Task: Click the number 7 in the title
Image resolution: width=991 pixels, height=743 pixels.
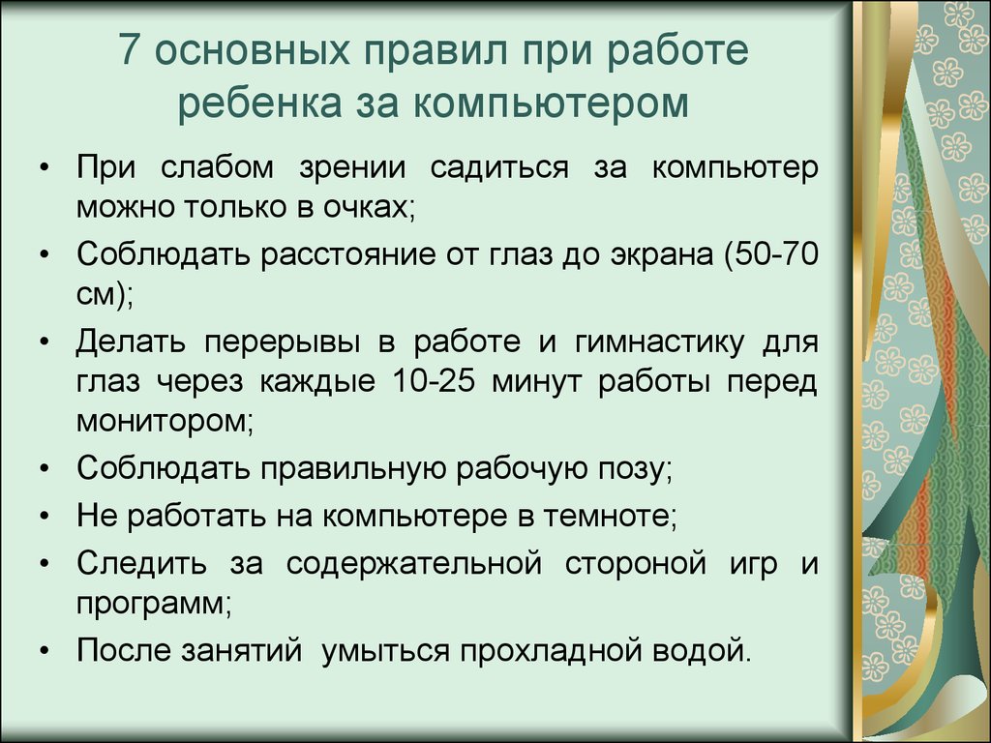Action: click(x=129, y=49)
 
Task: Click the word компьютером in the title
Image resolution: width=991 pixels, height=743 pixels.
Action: click(x=551, y=103)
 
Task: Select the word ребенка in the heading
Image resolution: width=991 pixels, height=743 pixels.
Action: click(x=259, y=103)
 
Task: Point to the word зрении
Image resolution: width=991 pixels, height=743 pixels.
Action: click(x=352, y=168)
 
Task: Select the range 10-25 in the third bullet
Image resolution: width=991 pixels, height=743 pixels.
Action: click(x=433, y=381)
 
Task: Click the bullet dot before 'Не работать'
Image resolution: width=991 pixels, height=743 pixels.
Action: click(x=44, y=517)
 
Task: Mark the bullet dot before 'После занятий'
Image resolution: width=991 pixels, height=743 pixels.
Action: click(x=44, y=651)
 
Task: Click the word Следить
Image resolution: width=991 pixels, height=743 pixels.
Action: click(x=141, y=562)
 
